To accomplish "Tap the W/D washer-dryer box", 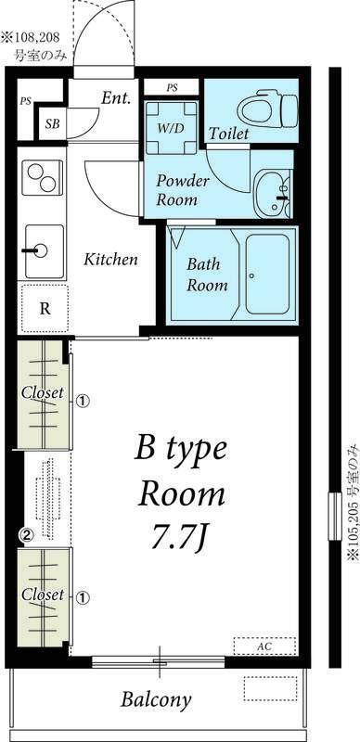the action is click(171, 127).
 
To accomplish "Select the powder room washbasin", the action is click(272, 195).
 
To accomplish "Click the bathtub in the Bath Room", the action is click(267, 275).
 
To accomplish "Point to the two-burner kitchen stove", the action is click(43, 177).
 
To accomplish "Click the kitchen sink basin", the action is click(44, 251).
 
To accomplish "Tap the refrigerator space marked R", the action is click(45, 309).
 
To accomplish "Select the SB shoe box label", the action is click(53, 124).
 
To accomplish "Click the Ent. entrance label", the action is click(116, 98).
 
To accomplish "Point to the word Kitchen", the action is click(110, 260).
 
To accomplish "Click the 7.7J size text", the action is click(179, 538).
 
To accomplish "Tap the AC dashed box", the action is click(264, 646).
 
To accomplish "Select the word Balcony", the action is click(156, 699).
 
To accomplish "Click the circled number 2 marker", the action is click(27, 535).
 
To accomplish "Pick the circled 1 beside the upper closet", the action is click(83, 402).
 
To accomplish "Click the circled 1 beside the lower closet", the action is click(83, 598).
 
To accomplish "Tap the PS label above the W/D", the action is click(172, 87).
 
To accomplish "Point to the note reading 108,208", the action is click(36, 36).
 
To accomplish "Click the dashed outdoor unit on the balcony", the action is click(270, 688).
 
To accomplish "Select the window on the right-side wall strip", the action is click(335, 516).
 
